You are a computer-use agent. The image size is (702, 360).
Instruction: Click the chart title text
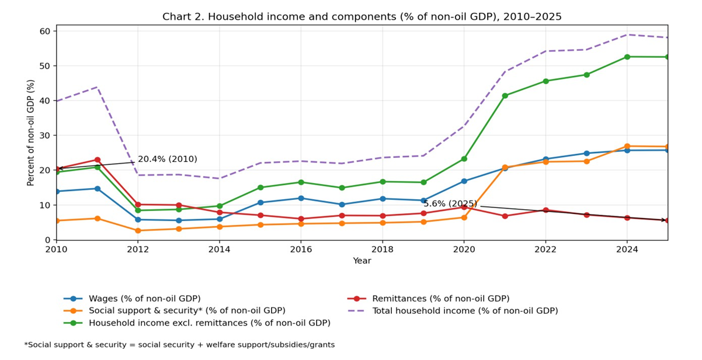point(362,16)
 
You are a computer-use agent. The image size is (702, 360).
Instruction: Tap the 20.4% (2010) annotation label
point(167,159)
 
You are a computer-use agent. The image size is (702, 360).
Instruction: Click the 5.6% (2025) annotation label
point(450,204)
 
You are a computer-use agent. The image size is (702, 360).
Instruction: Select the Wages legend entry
point(144,299)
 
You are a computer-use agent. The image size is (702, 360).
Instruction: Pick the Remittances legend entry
point(440,299)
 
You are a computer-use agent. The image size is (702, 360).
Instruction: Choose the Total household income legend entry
point(465,311)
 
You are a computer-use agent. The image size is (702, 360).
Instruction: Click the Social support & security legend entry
point(187,311)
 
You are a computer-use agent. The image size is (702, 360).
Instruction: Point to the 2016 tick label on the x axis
point(301,250)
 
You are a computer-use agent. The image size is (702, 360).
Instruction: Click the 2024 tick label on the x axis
point(627,250)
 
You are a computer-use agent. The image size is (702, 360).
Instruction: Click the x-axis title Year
point(362,261)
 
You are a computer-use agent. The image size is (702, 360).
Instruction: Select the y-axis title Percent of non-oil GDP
point(31,133)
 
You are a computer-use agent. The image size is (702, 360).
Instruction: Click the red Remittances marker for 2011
point(98,160)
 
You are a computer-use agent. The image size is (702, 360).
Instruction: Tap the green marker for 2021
point(505,96)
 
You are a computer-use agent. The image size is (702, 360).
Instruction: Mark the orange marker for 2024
point(627,146)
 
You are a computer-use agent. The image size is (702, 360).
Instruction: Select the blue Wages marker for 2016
point(301,198)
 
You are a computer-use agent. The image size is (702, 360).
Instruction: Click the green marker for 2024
point(627,57)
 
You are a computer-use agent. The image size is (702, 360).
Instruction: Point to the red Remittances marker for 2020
point(464,207)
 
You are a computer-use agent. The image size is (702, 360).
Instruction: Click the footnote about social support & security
point(179,345)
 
